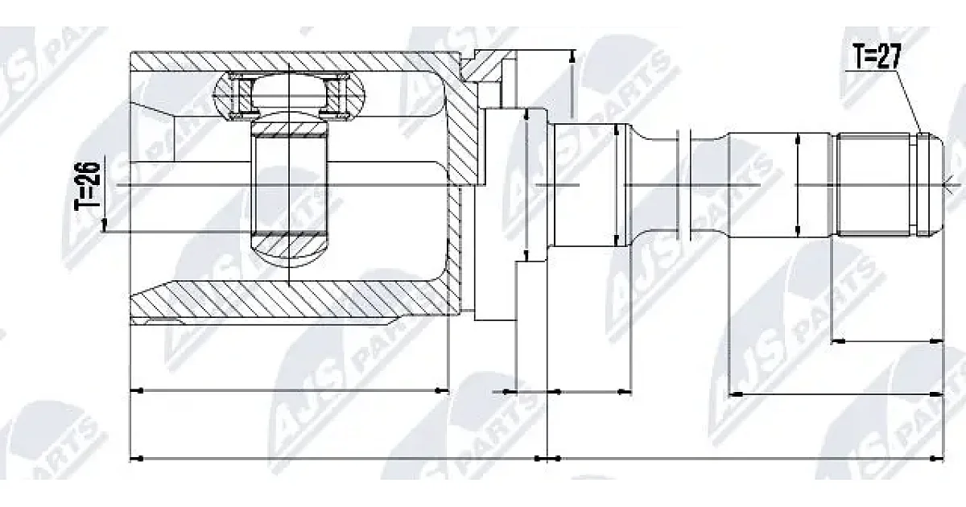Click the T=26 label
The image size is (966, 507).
[x=88, y=187]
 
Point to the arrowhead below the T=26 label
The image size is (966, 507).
[x=104, y=225]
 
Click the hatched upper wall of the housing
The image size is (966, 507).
[x=293, y=61]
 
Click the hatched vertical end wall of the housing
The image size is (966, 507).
[x=461, y=181]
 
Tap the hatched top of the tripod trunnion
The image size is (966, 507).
[x=289, y=128]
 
